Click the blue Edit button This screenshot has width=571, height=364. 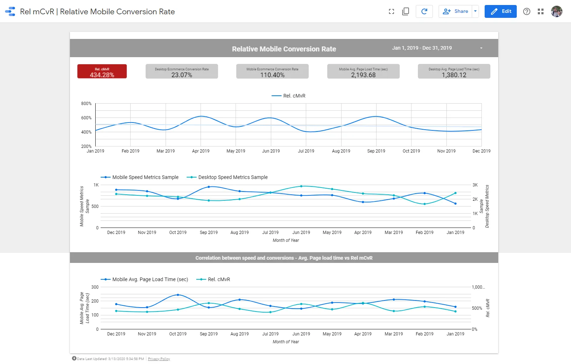point(500,11)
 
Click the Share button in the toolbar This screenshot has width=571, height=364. point(456,11)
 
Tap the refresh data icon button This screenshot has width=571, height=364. point(424,11)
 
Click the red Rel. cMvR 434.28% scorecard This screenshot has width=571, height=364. point(102,71)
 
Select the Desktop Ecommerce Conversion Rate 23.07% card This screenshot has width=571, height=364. point(182,71)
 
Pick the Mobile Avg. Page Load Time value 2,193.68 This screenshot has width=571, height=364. point(363,75)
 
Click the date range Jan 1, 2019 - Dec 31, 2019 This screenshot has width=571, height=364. point(422,48)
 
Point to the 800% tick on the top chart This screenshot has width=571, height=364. point(86,104)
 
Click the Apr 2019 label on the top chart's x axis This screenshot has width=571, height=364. point(201,151)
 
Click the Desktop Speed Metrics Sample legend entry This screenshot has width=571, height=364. point(233,177)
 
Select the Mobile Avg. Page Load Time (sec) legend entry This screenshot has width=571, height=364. point(150,279)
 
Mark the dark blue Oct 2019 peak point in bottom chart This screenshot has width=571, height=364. point(178,295)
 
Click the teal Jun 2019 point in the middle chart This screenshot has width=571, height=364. point(301,186)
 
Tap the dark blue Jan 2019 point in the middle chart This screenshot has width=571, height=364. point(455,204)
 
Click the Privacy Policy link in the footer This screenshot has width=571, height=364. point(159,359)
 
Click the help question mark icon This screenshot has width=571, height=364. point(526,11)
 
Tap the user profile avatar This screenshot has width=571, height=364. point(556,11)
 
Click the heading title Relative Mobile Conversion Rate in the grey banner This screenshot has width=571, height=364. point(284,49)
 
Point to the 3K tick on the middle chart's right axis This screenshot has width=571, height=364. point(475,185)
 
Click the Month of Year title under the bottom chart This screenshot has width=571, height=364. point(285,342)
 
